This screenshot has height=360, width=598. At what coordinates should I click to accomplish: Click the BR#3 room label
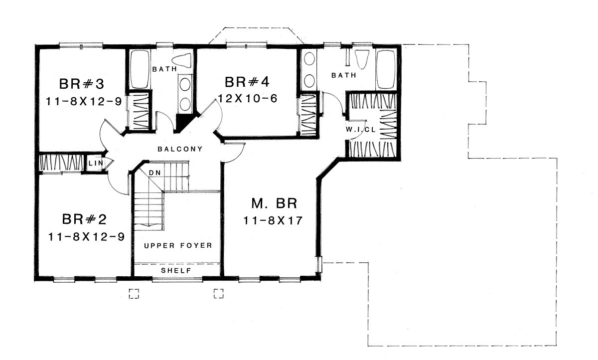81,84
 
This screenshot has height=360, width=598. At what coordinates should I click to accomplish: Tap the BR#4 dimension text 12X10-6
248,99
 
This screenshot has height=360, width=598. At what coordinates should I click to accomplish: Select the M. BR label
274,203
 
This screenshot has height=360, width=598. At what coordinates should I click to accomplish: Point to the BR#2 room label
84,219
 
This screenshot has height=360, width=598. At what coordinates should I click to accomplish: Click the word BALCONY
180,149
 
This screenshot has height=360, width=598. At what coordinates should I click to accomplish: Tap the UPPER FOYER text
178,245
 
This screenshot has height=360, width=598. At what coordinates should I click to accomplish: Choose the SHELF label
176,271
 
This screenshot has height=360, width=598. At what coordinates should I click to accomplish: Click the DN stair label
155,173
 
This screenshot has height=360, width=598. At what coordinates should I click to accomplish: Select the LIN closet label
96,163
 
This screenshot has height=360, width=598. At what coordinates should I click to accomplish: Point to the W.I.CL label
361,130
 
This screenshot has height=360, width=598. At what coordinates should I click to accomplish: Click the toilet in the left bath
182,61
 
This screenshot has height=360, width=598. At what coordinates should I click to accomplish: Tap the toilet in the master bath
362,59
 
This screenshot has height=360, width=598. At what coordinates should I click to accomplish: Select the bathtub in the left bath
139,69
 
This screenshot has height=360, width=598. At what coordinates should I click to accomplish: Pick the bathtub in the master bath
386,69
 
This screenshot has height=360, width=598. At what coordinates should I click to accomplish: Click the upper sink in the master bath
309,59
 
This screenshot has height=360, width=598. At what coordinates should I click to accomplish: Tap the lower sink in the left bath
185,104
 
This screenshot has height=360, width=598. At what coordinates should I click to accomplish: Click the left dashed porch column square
134,294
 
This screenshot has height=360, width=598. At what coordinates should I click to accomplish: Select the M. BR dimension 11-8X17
273,220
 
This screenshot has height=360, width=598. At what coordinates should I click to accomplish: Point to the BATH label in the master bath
344,75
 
